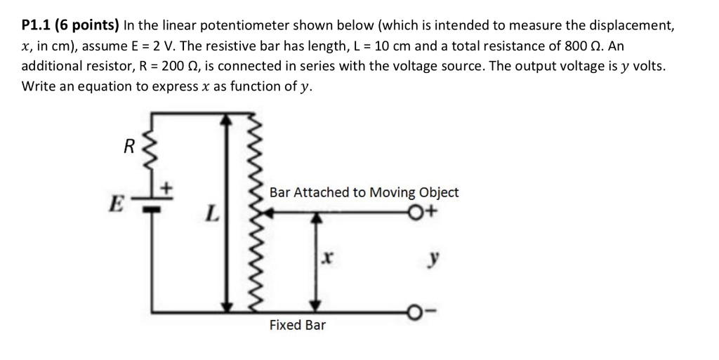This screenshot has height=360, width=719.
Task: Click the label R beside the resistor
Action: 128,147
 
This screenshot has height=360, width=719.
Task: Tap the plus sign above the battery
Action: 167,189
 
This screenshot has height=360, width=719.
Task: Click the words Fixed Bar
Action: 297,326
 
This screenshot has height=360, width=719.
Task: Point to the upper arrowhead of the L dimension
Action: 225,120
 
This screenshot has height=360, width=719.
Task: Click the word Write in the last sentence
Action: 39,86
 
